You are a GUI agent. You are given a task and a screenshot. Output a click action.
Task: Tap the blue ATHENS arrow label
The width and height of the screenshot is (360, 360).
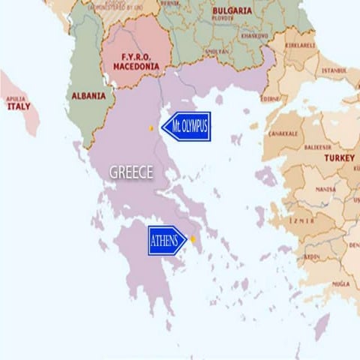click(x=166, y=241)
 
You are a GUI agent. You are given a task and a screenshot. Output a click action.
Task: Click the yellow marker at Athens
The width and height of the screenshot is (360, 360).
click(x=192, y=239)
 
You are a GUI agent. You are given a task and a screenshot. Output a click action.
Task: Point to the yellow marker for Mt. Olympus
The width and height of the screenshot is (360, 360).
click(x=151, y=128)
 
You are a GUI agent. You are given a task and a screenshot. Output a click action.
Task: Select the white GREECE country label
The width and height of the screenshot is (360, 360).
click(x=131, y=172)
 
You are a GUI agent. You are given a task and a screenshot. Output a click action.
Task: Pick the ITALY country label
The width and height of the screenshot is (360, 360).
click(x=18, y=106)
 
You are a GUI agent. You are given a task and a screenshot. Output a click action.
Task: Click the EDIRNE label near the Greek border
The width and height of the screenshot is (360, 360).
click(x=271, y=98)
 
